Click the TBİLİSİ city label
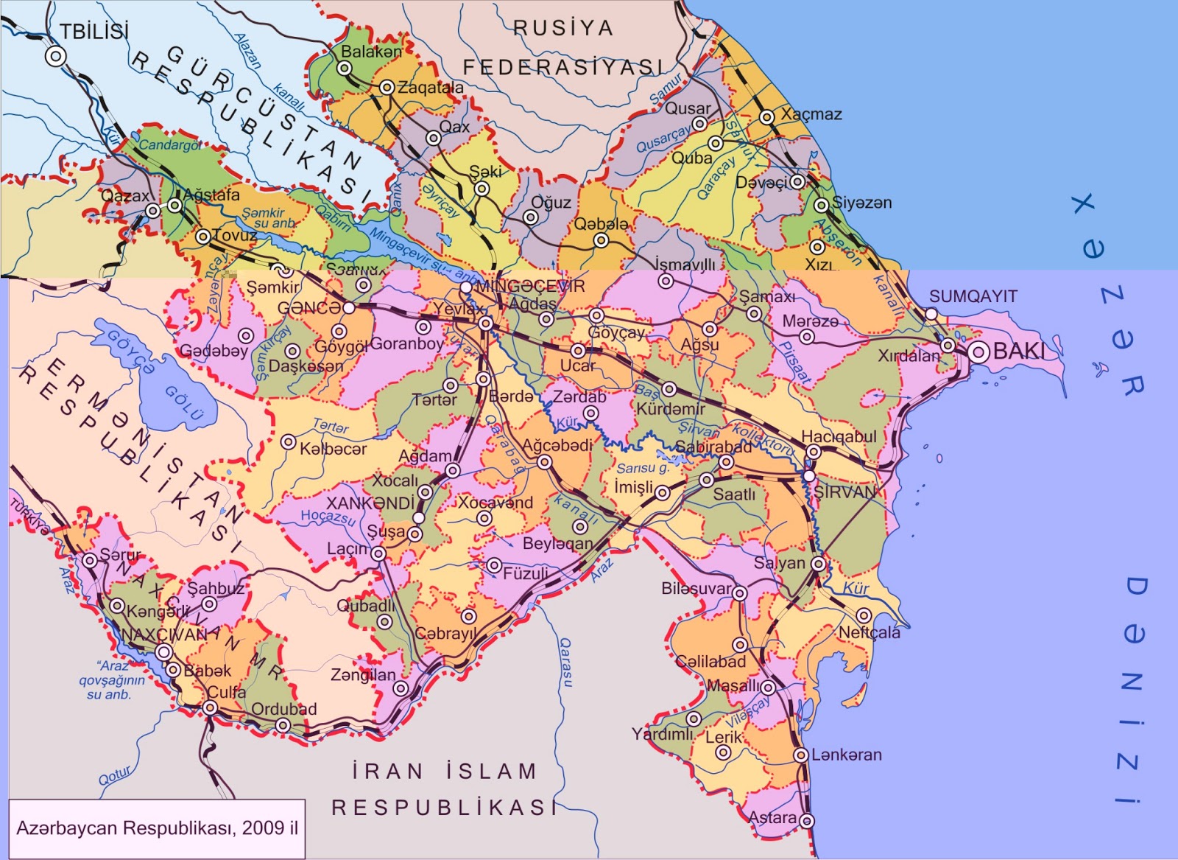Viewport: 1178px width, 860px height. pos(94,32)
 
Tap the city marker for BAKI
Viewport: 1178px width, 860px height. pos(978,352)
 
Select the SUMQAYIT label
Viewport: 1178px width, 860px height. pos(973,296)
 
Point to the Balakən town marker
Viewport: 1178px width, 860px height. pos(345,68)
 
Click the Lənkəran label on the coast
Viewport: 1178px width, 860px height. pos(846,755)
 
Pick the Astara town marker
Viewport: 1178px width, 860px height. pos(807,820)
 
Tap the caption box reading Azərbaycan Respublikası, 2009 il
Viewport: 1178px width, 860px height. pos(157,828)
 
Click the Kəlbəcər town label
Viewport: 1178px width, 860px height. pos(333,449)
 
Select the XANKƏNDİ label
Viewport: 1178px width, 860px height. pos(370,503)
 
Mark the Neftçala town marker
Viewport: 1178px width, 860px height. pos(864,615)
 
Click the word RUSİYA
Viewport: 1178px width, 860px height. pos(562,28)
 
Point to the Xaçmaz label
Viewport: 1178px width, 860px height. pos(811,114)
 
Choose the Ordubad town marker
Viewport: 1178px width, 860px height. pos(283,725)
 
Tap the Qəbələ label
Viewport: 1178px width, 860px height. pos(602,224)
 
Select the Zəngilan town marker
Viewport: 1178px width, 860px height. pos(401,688)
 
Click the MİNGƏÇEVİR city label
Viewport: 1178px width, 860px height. pos(530,286)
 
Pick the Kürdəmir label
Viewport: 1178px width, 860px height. pos(671,408)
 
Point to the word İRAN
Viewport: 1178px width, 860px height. pos(388,772)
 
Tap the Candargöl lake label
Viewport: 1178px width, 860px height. pos(170,145)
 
